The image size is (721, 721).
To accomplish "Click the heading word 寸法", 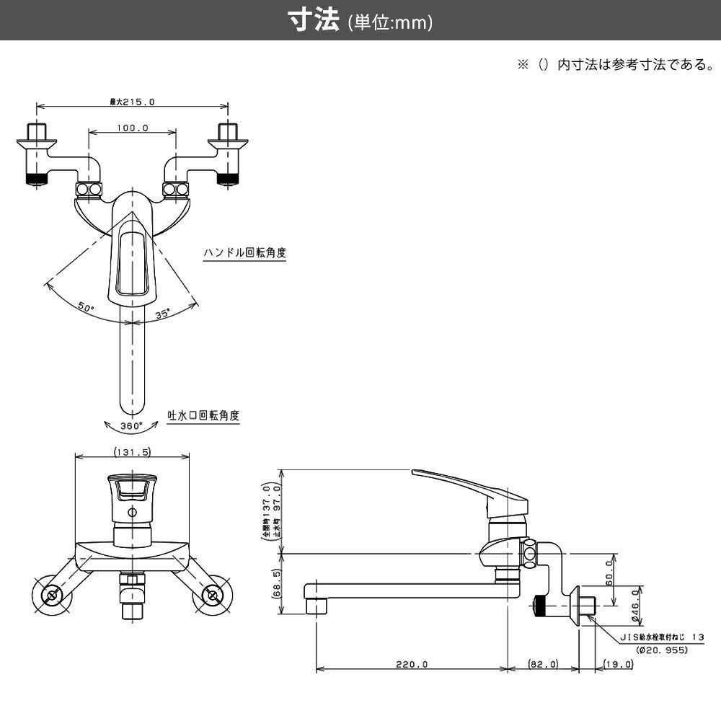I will click(x=314, y=21).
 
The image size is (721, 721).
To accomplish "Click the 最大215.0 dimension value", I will click(x=132, y=102).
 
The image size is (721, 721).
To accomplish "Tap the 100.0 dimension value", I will click(x=132, y=128).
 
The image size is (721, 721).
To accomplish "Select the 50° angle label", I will click(x=87, y=307).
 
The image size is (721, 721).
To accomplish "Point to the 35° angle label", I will click(x=163, y=314).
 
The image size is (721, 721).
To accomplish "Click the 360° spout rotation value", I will click(x=131, y=425).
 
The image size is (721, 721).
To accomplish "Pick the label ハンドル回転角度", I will click(x=244, y=253).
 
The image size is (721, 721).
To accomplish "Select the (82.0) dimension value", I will click(x=543, y=664).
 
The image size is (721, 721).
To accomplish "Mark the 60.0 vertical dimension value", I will click(x=609, y=574).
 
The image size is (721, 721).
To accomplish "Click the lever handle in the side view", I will click(x=461, y=482).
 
